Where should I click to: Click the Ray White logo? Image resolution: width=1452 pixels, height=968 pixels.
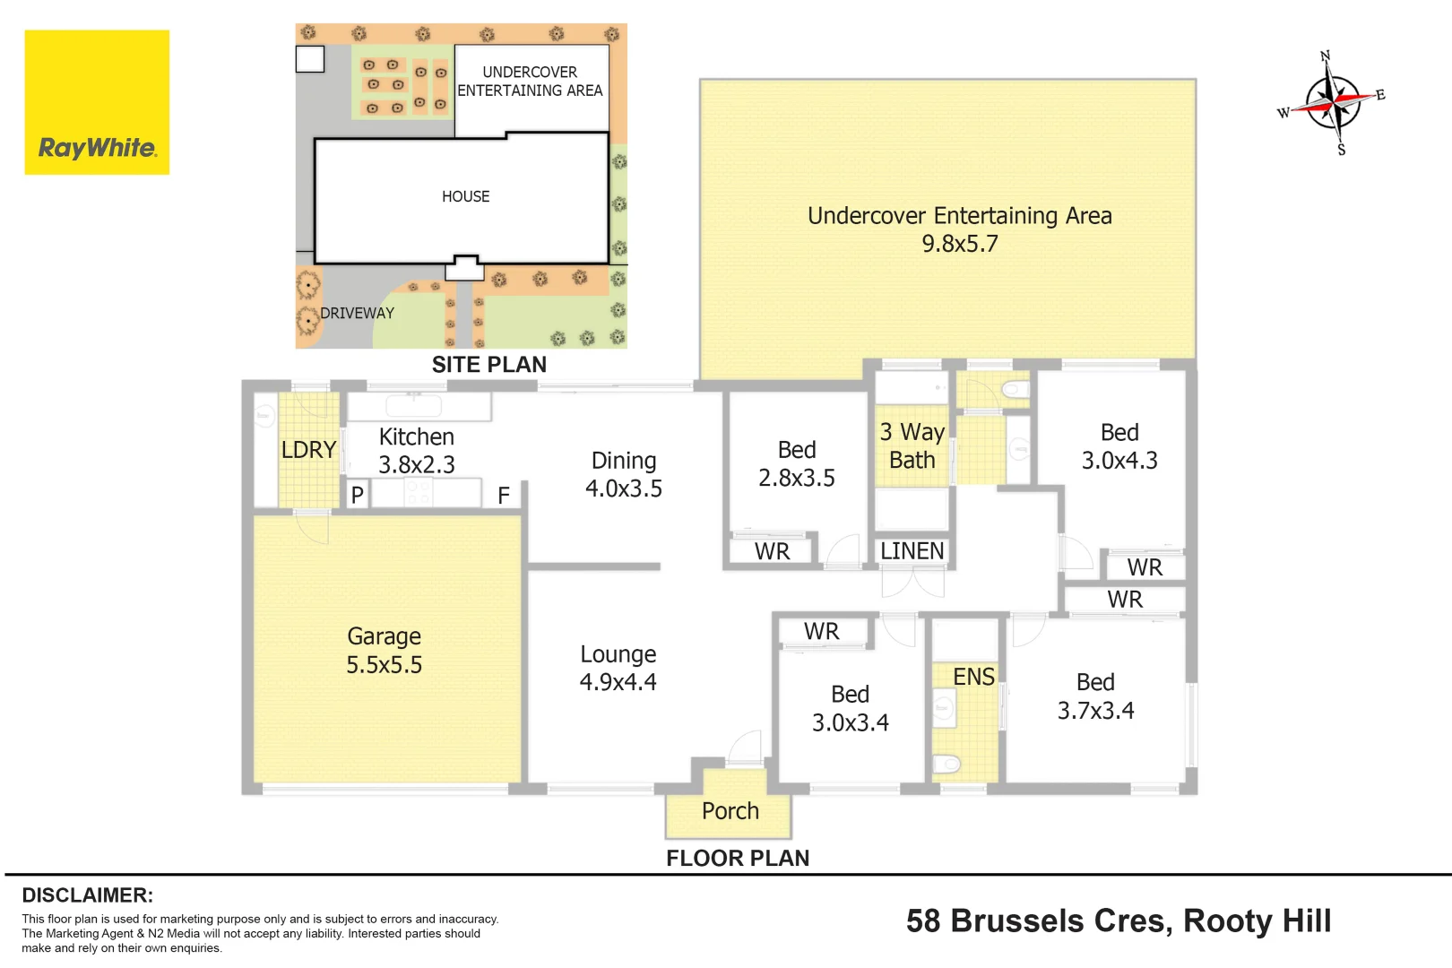tap(97, 102)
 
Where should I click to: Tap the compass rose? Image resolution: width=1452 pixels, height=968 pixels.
tap(1333, 102)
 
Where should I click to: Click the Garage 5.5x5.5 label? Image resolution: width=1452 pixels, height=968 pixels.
tap(385, 651)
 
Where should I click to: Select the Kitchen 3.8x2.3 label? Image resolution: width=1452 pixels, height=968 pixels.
tap(417, 451)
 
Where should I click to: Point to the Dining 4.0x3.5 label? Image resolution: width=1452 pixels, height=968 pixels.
tap(624, 474)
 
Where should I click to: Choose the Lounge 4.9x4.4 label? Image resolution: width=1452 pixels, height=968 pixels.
tap(618, 668)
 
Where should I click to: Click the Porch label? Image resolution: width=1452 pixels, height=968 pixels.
tap(730, 811)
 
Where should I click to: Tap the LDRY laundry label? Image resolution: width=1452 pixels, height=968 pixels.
tap(308, 449)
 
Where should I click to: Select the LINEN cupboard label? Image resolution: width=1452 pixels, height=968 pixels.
tap(912, 551)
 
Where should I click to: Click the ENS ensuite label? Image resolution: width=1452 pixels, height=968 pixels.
tap(973, 677)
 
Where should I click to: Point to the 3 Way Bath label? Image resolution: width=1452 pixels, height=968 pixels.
tap(912, 446)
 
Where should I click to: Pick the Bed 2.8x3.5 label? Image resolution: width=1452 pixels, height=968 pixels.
tap(797, 463)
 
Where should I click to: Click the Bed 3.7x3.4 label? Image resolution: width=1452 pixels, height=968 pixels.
tap(1096, 696)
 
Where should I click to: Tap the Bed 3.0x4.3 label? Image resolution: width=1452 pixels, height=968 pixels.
tap(1119, 446)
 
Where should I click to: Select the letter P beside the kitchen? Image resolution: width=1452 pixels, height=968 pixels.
tap(357, 496)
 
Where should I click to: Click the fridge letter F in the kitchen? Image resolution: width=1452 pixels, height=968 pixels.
tap(504, 496)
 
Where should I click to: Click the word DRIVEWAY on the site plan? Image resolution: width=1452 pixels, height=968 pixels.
tap(357, 313)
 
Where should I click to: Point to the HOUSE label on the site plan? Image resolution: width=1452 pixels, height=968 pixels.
tap(466, 196)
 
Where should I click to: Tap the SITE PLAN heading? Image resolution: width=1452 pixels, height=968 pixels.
tap(489, 365)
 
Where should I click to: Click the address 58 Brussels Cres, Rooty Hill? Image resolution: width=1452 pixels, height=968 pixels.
tap(1119, 920)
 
